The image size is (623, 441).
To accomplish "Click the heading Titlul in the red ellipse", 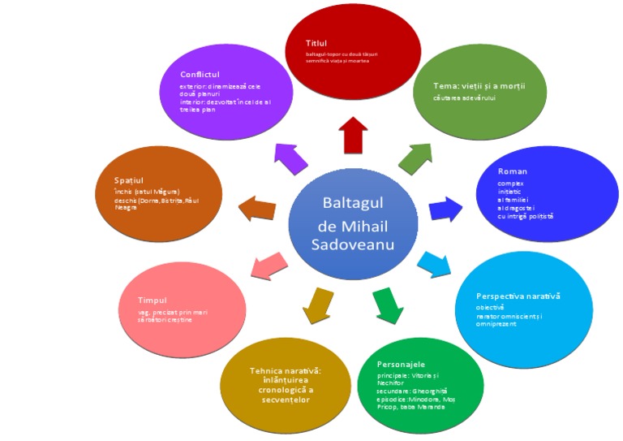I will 316,42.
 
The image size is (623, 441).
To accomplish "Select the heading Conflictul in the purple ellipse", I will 200,74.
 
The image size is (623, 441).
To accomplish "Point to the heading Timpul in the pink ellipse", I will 152,298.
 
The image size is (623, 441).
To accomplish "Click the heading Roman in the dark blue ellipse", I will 512,171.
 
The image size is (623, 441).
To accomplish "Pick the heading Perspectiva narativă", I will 518,296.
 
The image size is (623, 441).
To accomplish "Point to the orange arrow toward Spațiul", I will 258,207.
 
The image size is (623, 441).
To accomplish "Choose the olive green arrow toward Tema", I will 416,157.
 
